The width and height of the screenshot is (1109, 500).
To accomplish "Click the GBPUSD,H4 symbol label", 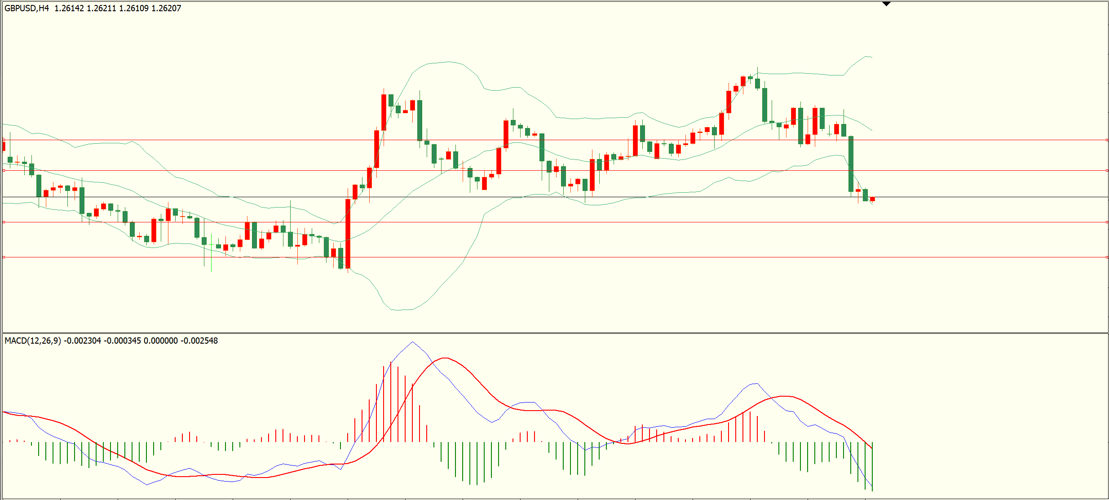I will (27, 8).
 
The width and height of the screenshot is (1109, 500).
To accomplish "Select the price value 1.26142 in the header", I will (69, 8).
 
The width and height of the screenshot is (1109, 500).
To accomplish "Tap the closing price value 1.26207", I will (166, 8).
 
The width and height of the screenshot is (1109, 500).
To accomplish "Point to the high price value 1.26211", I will (102, 8).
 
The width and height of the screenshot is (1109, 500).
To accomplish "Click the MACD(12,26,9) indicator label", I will (33, 341).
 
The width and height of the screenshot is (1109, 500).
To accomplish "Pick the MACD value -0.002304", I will (82, 341).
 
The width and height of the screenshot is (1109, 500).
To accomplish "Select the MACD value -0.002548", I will (199, 341).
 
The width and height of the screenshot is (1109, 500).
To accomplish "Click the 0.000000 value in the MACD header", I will (160, 341).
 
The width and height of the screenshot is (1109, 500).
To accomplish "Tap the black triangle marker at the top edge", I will (886, 4).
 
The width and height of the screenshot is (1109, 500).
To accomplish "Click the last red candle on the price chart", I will (872, 199).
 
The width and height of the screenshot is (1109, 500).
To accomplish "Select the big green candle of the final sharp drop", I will (851, 164).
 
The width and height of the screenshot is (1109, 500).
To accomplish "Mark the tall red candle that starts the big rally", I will (348, 234).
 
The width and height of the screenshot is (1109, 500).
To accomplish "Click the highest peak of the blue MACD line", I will (413, 342).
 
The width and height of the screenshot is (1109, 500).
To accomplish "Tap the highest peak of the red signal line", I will (445, 358).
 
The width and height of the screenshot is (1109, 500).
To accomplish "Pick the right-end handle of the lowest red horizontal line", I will (1107, 257).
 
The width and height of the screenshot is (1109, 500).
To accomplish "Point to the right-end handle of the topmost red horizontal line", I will (1107, 140).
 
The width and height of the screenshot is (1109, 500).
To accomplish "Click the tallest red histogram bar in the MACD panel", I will (391, 402).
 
